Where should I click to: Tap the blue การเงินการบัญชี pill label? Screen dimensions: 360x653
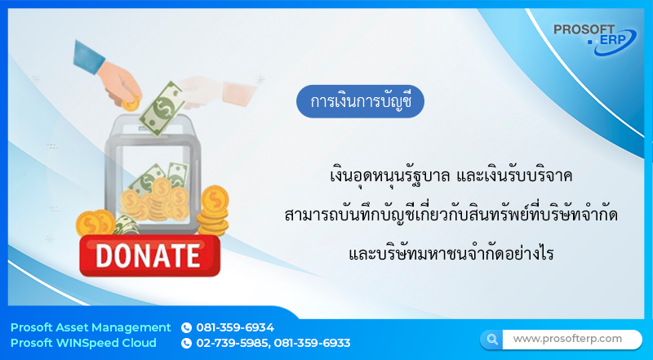point(361,102)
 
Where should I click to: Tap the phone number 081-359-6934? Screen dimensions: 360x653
point(235,327)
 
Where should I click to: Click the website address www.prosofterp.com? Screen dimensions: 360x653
point(567,339)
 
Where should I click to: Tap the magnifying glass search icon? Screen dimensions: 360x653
point(491,339)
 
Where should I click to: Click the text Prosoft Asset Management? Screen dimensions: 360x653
point(91,327)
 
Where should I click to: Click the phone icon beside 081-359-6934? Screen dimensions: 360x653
point(186,327)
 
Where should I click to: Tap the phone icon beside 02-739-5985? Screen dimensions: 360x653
point(186,344)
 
